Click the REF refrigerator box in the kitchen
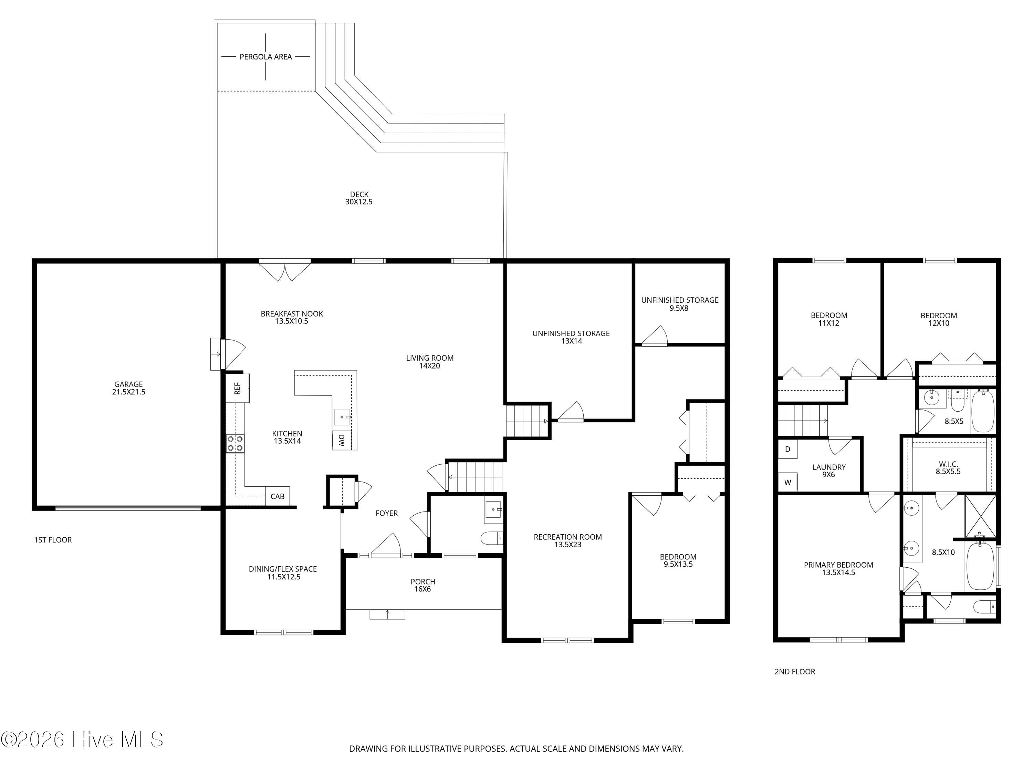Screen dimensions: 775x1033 pyautogui.click(x=237, y=388)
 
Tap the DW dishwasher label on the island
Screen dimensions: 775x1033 pyautogui.click(x=341, y=440)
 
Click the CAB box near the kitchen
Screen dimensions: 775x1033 pyautogui.click(x=278, y=496)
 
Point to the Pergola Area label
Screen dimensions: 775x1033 pyautogui.click(x=266, y=56)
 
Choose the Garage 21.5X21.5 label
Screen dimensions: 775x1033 pyautogui.click(x=128, y=388)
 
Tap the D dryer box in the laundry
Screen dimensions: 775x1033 pyautogui.click(x=787, y=449)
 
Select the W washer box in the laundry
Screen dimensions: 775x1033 pyautogui.click(x=787, y=483)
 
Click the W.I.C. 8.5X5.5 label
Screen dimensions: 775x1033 pyautogui.click(x=948, y=468)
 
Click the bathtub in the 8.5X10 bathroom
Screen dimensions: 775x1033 pyautogui.click(x=980, y=566)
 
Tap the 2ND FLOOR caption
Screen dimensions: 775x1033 pyautogui.click(x=794, y=672)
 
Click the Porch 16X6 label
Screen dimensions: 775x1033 pyautogui.click(x=422, y=585)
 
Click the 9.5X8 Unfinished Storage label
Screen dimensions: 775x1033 pyautogui.click(x=679, y=304)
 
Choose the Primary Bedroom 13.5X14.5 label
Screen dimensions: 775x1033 pyautogui.click(x=838, y=569)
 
